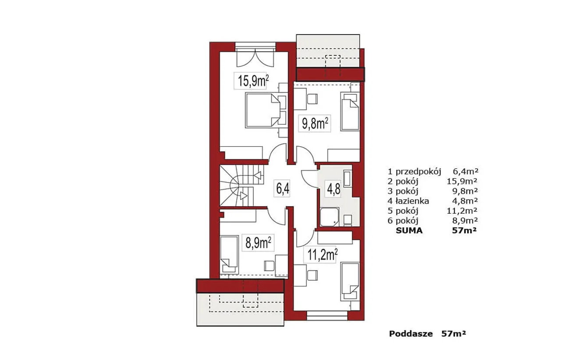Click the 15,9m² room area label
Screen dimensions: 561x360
pos(253,81)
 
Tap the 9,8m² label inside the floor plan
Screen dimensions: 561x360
pos(315,124)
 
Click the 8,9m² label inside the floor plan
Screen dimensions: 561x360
pos(258,243)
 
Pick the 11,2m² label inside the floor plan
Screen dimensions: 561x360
pos(322,255)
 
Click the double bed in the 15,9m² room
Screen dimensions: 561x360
pos(263,110)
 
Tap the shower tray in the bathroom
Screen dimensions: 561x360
pos(329,217)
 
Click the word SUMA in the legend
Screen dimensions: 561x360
pos(409,230)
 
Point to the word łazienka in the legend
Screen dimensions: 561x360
pos(412,201)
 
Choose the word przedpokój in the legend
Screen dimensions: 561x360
pos(418,172)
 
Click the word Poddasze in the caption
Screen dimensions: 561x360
pos(411,334)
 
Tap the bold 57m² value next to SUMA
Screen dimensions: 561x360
pos(464,230)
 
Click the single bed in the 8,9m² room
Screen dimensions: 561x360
pos(229,254)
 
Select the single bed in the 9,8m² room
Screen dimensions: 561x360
pos(350,111)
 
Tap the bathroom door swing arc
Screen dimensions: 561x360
pos(309,179)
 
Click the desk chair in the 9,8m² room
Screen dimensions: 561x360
pos(312,99)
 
